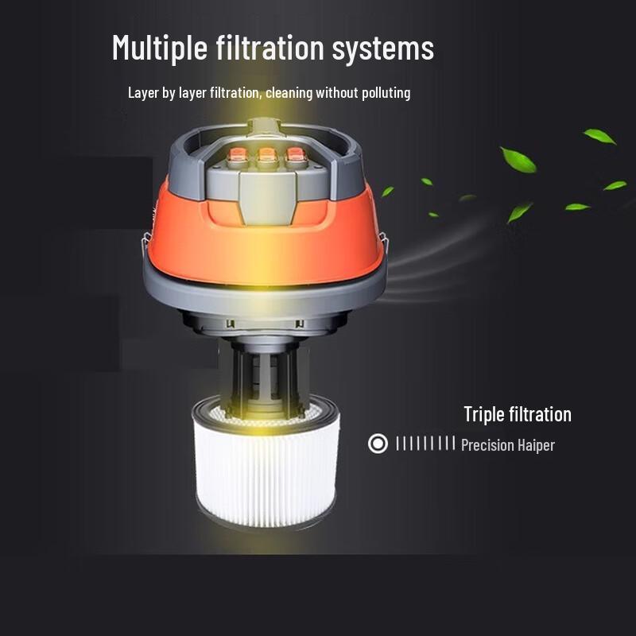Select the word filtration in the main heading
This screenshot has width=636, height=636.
tap(270, 48)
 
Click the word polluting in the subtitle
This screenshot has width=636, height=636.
tap(384, 93)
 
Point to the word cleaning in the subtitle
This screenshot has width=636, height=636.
tap(289, 93)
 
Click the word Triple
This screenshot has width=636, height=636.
tap(484, 414)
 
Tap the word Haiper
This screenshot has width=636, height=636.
tap(536, 445)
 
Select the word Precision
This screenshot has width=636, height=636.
tap(488, 445)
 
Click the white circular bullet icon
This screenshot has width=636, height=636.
tap(378, 444)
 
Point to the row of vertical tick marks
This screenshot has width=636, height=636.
tap(425, 444)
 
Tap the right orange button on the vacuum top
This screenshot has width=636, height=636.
tap(296, 156)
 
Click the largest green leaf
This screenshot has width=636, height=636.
tap(518, 159)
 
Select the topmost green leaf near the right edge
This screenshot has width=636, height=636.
tap(599, 136)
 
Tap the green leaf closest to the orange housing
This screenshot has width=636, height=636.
tap(387, 192)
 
